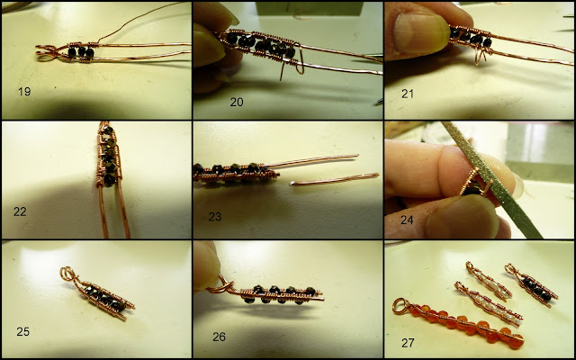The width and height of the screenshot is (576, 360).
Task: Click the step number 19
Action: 24,92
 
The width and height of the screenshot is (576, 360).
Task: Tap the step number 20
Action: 237,102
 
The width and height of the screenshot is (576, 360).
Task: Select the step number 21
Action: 408,94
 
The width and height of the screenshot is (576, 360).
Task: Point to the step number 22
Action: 20,211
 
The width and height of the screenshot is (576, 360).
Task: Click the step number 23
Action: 215,217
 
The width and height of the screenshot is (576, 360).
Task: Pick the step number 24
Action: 407,220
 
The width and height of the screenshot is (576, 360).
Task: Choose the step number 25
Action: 22,332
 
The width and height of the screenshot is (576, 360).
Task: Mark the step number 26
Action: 219,337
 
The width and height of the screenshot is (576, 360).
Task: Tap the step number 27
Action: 408,343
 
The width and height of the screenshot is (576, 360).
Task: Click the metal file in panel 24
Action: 491,179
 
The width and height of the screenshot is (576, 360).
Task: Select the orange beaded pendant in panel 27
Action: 458,324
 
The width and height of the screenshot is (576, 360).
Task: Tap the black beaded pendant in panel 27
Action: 532,284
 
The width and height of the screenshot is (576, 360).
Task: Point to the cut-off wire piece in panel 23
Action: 334,179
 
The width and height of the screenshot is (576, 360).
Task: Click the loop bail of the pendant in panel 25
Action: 69,274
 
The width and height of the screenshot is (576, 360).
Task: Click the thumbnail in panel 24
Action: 462,217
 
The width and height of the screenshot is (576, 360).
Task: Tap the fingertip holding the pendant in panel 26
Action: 206,265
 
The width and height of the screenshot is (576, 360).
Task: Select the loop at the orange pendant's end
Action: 400,306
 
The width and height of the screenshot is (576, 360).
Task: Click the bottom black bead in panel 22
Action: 110,180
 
